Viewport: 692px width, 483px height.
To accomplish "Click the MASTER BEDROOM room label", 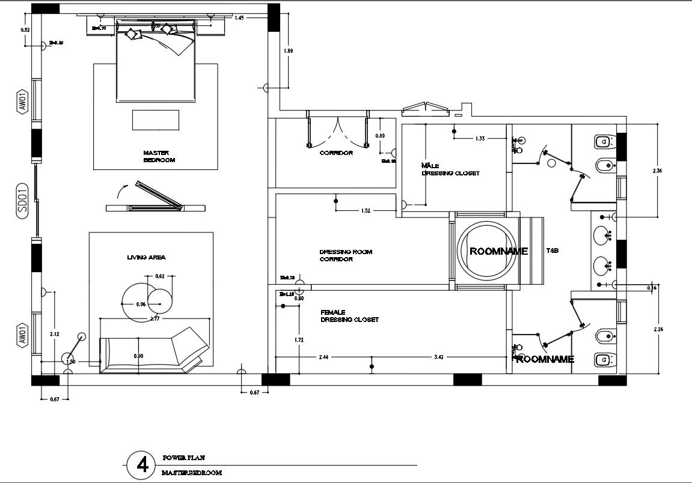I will coord(159,157).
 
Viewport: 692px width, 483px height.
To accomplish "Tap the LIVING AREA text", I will coord(146,257).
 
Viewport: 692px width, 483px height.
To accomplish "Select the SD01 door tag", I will coord(22,199).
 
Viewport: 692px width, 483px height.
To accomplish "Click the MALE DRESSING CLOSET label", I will coord(450,169).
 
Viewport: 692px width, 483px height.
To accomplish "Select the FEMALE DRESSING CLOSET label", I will coord(349,316).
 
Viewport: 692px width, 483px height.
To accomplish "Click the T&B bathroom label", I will coord(553,251).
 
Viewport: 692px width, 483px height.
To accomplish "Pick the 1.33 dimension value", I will coord(480,139).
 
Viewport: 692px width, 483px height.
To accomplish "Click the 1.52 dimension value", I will coord(366,211).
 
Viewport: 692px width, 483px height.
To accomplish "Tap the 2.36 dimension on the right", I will coord(657,171).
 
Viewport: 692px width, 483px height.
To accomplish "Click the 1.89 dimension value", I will coord(289,52).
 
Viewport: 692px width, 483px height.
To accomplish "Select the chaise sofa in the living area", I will coord(155,351).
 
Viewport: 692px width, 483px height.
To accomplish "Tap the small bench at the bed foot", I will coord(155,120).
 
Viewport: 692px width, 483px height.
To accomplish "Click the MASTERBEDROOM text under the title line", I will coord(192,473).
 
